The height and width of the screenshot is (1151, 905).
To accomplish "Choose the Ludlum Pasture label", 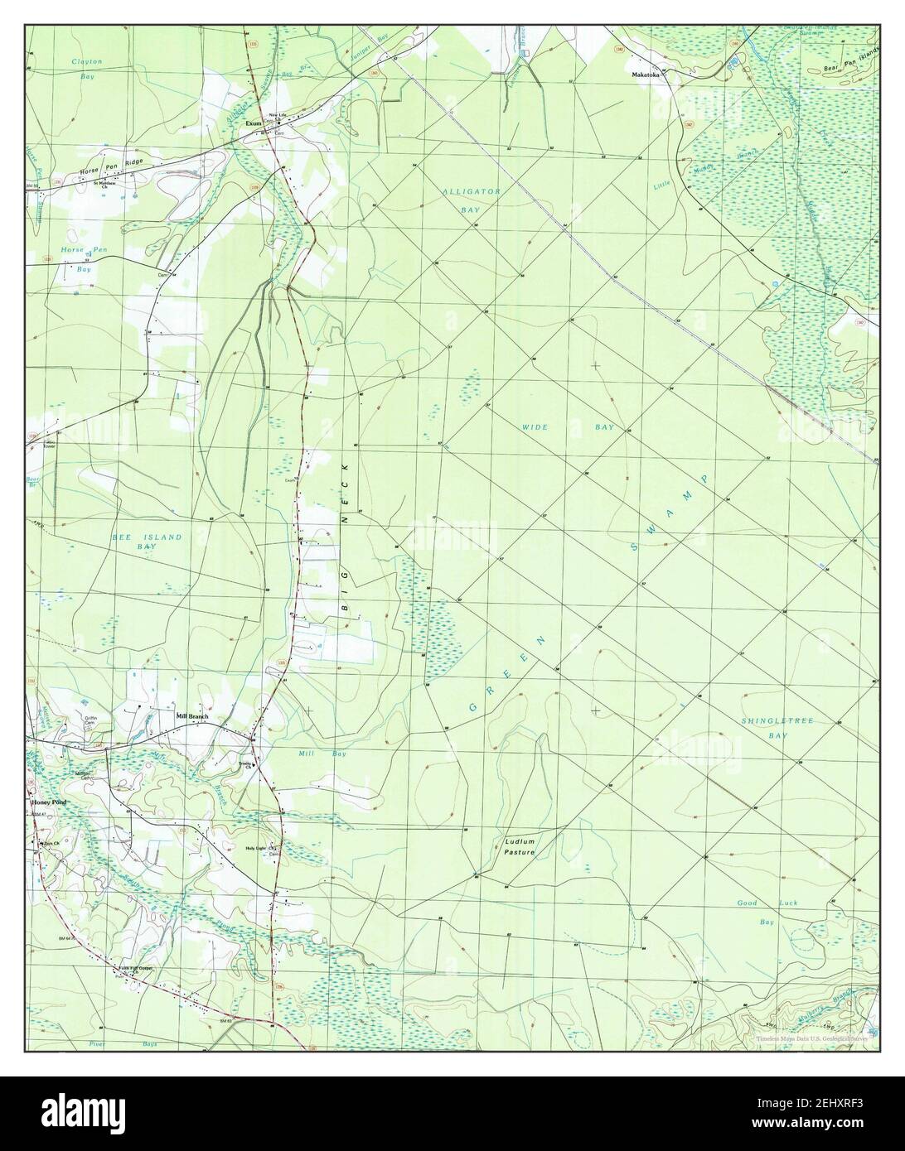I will click(520, 846).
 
